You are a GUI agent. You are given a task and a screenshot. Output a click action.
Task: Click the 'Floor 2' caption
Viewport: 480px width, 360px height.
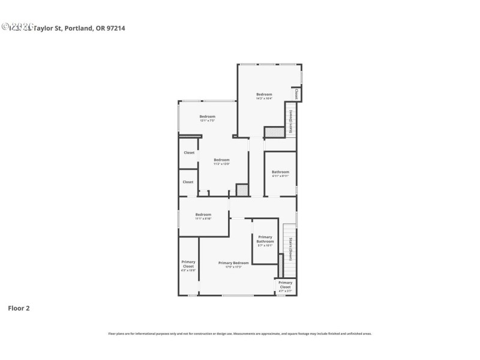18,308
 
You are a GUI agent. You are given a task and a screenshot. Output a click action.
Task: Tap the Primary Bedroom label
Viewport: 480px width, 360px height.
233,263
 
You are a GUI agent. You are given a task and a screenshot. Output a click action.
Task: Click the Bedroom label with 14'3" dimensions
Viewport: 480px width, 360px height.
265,95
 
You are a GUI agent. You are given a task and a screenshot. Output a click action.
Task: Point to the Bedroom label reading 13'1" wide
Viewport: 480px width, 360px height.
207,117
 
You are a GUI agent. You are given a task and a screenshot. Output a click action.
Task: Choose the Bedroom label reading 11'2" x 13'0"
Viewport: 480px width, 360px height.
222,160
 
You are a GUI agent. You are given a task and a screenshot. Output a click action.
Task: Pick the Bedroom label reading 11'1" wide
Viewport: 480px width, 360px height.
203,215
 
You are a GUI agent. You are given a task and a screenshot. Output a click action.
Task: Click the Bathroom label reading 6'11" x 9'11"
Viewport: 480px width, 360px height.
280,173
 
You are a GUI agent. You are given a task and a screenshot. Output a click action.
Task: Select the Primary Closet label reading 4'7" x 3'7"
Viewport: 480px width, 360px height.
285,284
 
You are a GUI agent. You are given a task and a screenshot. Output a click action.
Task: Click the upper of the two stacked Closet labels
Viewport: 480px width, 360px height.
188,153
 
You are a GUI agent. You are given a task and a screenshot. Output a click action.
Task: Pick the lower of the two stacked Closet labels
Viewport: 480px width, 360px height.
188,182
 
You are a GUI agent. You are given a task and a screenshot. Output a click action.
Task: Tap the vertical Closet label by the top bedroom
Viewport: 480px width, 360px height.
296,94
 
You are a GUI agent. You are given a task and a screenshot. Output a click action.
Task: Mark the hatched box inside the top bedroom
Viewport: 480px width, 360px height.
274,132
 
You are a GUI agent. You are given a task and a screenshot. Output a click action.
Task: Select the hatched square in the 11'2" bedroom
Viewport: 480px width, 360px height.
242,190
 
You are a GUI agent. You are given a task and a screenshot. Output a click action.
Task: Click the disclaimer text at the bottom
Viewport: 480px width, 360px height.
239,333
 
